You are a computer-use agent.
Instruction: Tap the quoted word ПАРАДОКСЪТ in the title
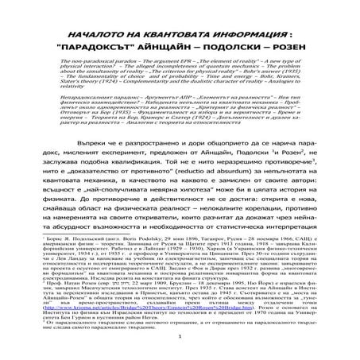[99, 48]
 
